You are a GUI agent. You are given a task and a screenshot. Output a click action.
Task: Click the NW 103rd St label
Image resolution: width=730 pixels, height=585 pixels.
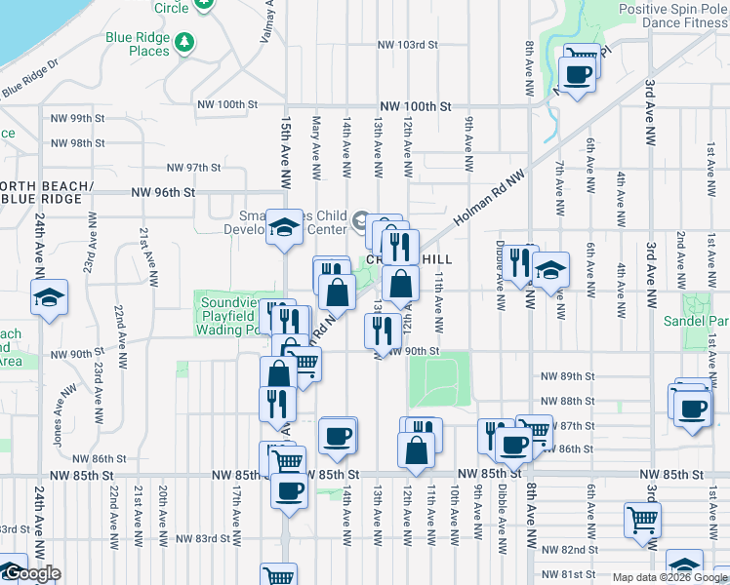pos(409,45)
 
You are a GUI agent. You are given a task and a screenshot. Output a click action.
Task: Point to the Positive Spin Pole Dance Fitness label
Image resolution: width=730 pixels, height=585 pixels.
pos(673,17)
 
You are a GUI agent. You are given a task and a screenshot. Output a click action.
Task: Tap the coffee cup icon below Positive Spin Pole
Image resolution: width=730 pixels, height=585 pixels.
pos(576,74)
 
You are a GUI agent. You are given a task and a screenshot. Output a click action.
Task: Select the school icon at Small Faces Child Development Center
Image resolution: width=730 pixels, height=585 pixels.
pos(284,226)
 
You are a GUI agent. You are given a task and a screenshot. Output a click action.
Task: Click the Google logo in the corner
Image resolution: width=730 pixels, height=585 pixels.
pos(31,573)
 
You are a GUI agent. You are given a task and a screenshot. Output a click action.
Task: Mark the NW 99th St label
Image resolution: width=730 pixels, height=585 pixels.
pos(74,118)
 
